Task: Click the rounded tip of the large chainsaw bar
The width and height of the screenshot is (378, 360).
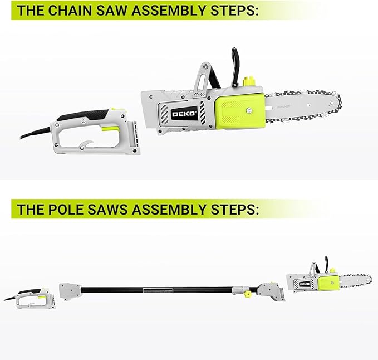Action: click(x=336, y=104)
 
